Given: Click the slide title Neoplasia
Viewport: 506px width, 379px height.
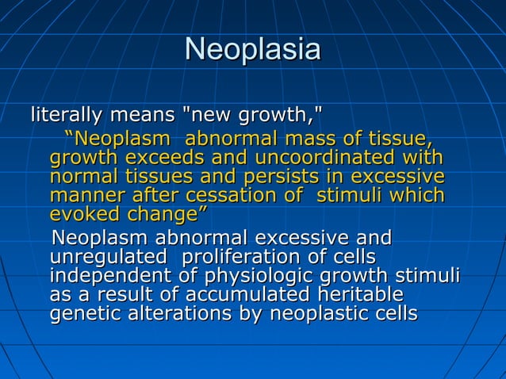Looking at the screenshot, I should [252, 50].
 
